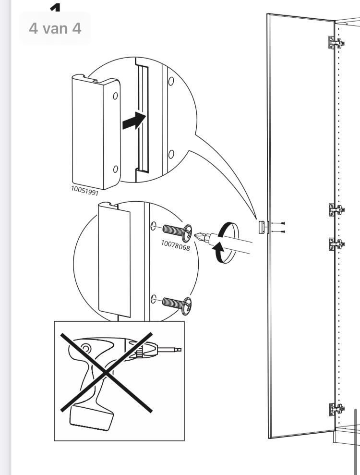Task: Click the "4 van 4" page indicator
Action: (55, 28)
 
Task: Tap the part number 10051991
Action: (85, 191)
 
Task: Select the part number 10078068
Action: (176, 245)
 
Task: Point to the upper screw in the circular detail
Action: (178, 232)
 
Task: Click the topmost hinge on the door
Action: (336, 43)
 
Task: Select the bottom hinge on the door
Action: (336, 410)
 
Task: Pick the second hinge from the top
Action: (336, 209)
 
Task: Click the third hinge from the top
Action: (336, 244)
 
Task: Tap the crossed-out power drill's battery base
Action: (91, 418)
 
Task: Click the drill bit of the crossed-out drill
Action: (169, 350)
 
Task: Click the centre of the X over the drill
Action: (106, 372)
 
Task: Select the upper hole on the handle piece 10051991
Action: (115, 96)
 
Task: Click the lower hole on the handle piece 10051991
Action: (115, 169)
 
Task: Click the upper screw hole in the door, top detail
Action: (171, 81)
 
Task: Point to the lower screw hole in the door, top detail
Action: (171, 154)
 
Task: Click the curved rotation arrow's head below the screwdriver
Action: (218, 248)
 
